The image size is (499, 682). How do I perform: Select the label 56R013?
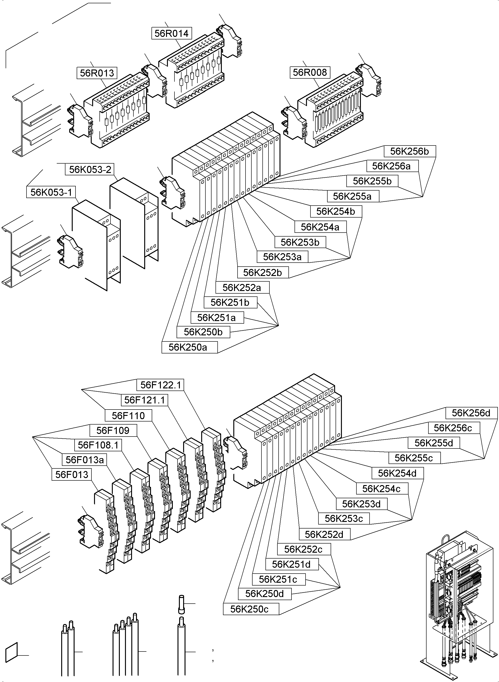pyautogui.click(x=97, y=73)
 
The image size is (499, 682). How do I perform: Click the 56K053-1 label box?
pyautogui.click(x=51, y=192)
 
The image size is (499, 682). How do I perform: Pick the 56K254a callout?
pyautogui.click(x=320, y=227)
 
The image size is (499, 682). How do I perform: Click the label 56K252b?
pyautogui.click(x=262, y=272)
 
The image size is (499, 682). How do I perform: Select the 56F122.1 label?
pyautogui.click(x=160, y=385)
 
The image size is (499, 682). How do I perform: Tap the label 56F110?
pyautogui.click(x=128, y=415)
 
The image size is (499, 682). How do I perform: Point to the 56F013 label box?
pyautogui.click(x=72, y=475)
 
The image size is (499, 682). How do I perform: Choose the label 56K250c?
pyautogui.click(x=249, y=609)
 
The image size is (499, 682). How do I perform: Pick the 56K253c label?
pyautogui.click(x=344, y=518)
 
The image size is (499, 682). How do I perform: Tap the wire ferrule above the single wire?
pyautogui.click(x=181, y=604)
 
